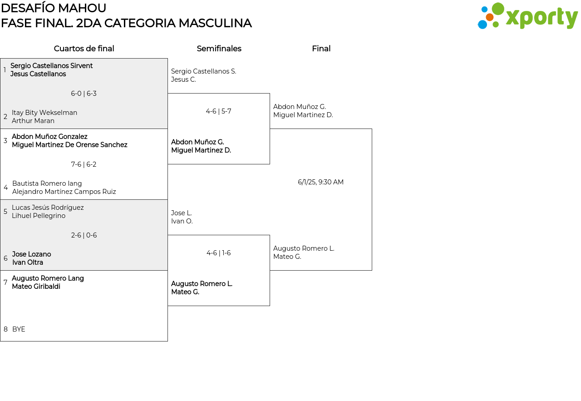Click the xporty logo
point(527,16)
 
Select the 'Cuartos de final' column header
point(84,49)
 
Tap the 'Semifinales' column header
point(219,49)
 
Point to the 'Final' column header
point(321,49)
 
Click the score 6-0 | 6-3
point(84,94)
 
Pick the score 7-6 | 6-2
point(84,164)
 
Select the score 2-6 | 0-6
point(84,235)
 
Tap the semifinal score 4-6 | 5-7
point(218,111)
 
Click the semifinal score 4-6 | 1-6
point(218,253)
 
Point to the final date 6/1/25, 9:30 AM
point(320,182)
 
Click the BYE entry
point(19,329)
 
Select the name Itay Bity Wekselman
point(44,113)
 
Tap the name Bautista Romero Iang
point(47,183)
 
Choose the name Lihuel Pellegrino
point(39,216)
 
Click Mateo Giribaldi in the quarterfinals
point(36,287)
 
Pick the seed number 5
point(5,212)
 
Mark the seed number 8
point(5,329)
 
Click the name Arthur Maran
point(33,121)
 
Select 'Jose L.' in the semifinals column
point(182,213)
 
